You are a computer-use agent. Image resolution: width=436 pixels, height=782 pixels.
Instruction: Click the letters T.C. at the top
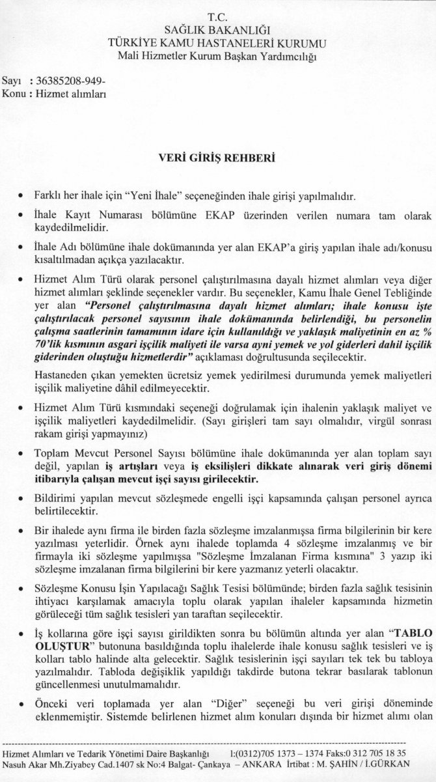(218, 16)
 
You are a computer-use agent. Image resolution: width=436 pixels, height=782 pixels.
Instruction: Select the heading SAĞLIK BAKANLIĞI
(218, 29)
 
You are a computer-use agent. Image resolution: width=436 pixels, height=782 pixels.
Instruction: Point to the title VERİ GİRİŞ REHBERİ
(218, 157)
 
